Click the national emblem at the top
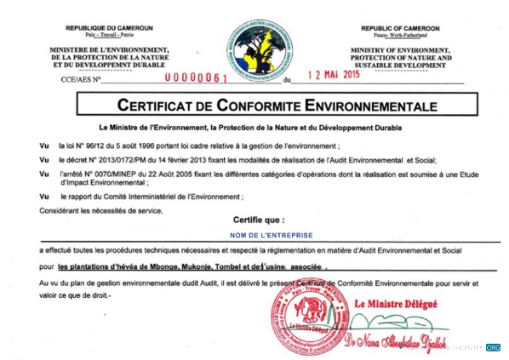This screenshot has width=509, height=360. pyautogui.click(x=255, y=49)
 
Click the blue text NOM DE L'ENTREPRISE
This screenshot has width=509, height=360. pyautogui.click(x=271, y=234)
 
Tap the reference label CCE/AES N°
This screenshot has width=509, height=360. pyautogui.click(x=80, y=82)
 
